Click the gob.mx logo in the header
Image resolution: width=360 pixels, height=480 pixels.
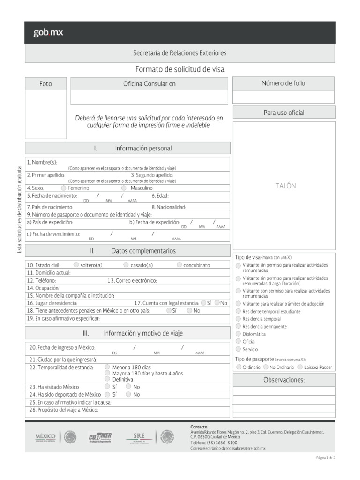(x=48, y=32)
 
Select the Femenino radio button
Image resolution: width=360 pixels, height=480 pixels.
(x=64, y=187)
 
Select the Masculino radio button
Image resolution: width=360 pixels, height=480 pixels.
(x=124, y=187)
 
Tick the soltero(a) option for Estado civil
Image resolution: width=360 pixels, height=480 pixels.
(x=76, y=265)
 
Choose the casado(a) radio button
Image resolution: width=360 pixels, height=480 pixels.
(x=127, y=265)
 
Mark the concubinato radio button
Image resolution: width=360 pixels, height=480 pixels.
(x=180, y=265)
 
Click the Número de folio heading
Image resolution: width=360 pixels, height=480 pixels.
(x=283, y=83)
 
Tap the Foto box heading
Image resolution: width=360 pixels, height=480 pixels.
(x=46, y=84)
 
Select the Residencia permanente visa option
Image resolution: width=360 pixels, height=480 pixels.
(x=239, y=326)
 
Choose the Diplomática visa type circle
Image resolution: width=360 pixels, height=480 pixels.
(x=239, y=334)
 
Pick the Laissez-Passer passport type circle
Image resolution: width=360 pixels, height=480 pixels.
(x=300, y=367)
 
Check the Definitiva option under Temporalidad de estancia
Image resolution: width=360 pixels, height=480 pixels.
(x=107, y=379)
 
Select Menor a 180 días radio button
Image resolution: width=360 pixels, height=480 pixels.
(x=107, y=367)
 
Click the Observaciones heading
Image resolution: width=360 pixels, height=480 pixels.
(x=284, y=380)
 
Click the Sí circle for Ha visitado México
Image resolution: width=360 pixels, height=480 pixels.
(x=107, y=387)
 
